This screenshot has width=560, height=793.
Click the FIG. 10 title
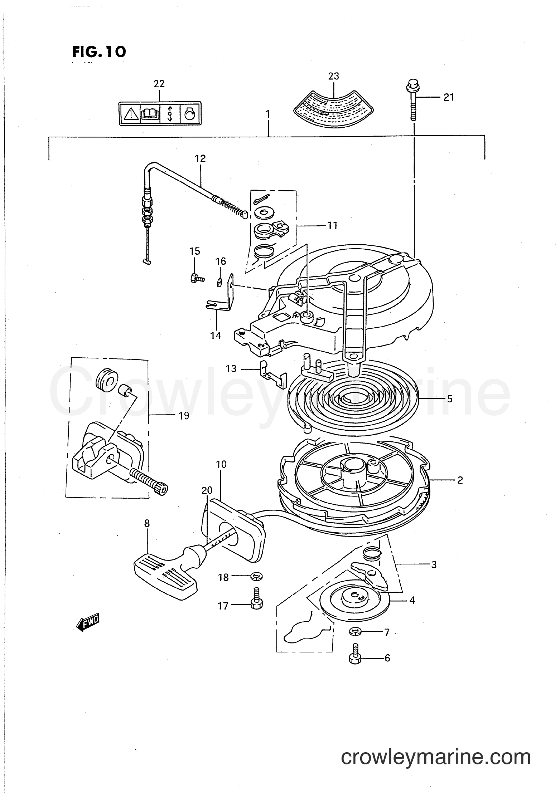point(99,52)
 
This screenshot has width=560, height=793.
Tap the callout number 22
point(159,84)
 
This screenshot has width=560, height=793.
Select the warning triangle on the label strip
point(131,114)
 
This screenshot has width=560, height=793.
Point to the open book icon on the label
point(150,114)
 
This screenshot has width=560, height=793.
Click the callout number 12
point(200,158)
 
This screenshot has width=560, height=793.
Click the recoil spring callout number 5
point(450,398)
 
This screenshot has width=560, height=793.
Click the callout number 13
point(231,368)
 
